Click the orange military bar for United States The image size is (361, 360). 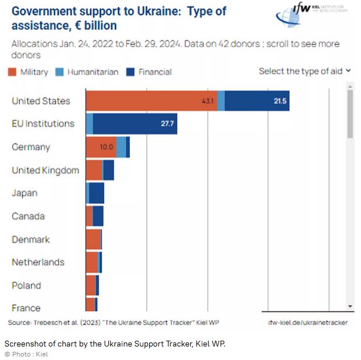coord(151,101)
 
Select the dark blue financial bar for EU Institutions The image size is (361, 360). coord(135,124)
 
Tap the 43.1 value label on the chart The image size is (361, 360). coord(208,101)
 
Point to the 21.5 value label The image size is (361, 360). coord(280,101)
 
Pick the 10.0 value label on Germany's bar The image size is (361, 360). coord(106,147)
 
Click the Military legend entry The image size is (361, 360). coord(29,72)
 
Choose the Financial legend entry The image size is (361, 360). coord(149,72)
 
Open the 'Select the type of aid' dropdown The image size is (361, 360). coord(305,71)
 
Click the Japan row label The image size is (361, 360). coord(25,193)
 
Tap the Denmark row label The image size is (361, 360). coord(30,239)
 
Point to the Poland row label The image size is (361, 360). coord(26,285)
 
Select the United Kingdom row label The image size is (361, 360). coord(45,170)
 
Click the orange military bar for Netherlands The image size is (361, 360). coord(91,262)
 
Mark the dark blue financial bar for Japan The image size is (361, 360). coord(97,193)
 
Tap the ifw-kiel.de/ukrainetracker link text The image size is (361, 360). coord(308,323)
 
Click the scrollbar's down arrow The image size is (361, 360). coord(350,306)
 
